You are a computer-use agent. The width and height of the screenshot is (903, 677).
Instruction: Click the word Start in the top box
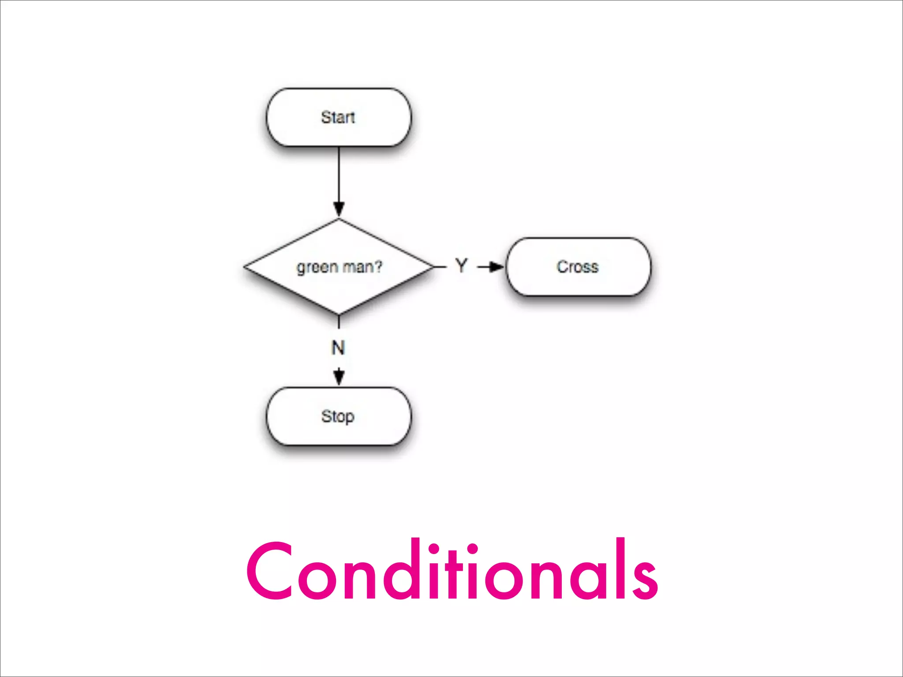pos(338,117)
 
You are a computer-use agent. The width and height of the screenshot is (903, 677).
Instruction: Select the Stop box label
pos(338,417)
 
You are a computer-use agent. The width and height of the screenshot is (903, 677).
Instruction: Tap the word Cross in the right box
pos(578,267)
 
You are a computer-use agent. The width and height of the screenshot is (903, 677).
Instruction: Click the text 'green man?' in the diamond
pos(339,267)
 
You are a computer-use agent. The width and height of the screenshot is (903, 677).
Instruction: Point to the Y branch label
pos(461,266)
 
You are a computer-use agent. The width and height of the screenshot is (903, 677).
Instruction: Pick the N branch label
pos(338,348)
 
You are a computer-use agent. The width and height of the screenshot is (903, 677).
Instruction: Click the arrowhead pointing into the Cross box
pos(497,267)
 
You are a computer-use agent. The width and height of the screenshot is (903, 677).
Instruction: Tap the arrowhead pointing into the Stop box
pos(339,378)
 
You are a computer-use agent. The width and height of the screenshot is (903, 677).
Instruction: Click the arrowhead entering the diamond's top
pos(339,209)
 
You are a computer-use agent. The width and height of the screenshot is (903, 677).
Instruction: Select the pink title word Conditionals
pos(452,571)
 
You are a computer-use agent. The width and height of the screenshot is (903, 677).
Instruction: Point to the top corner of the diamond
pos(339,219)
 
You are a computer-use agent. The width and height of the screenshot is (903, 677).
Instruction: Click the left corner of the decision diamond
pos(245,267)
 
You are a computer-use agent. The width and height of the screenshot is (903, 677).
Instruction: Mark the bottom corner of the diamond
pos(339,315)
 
